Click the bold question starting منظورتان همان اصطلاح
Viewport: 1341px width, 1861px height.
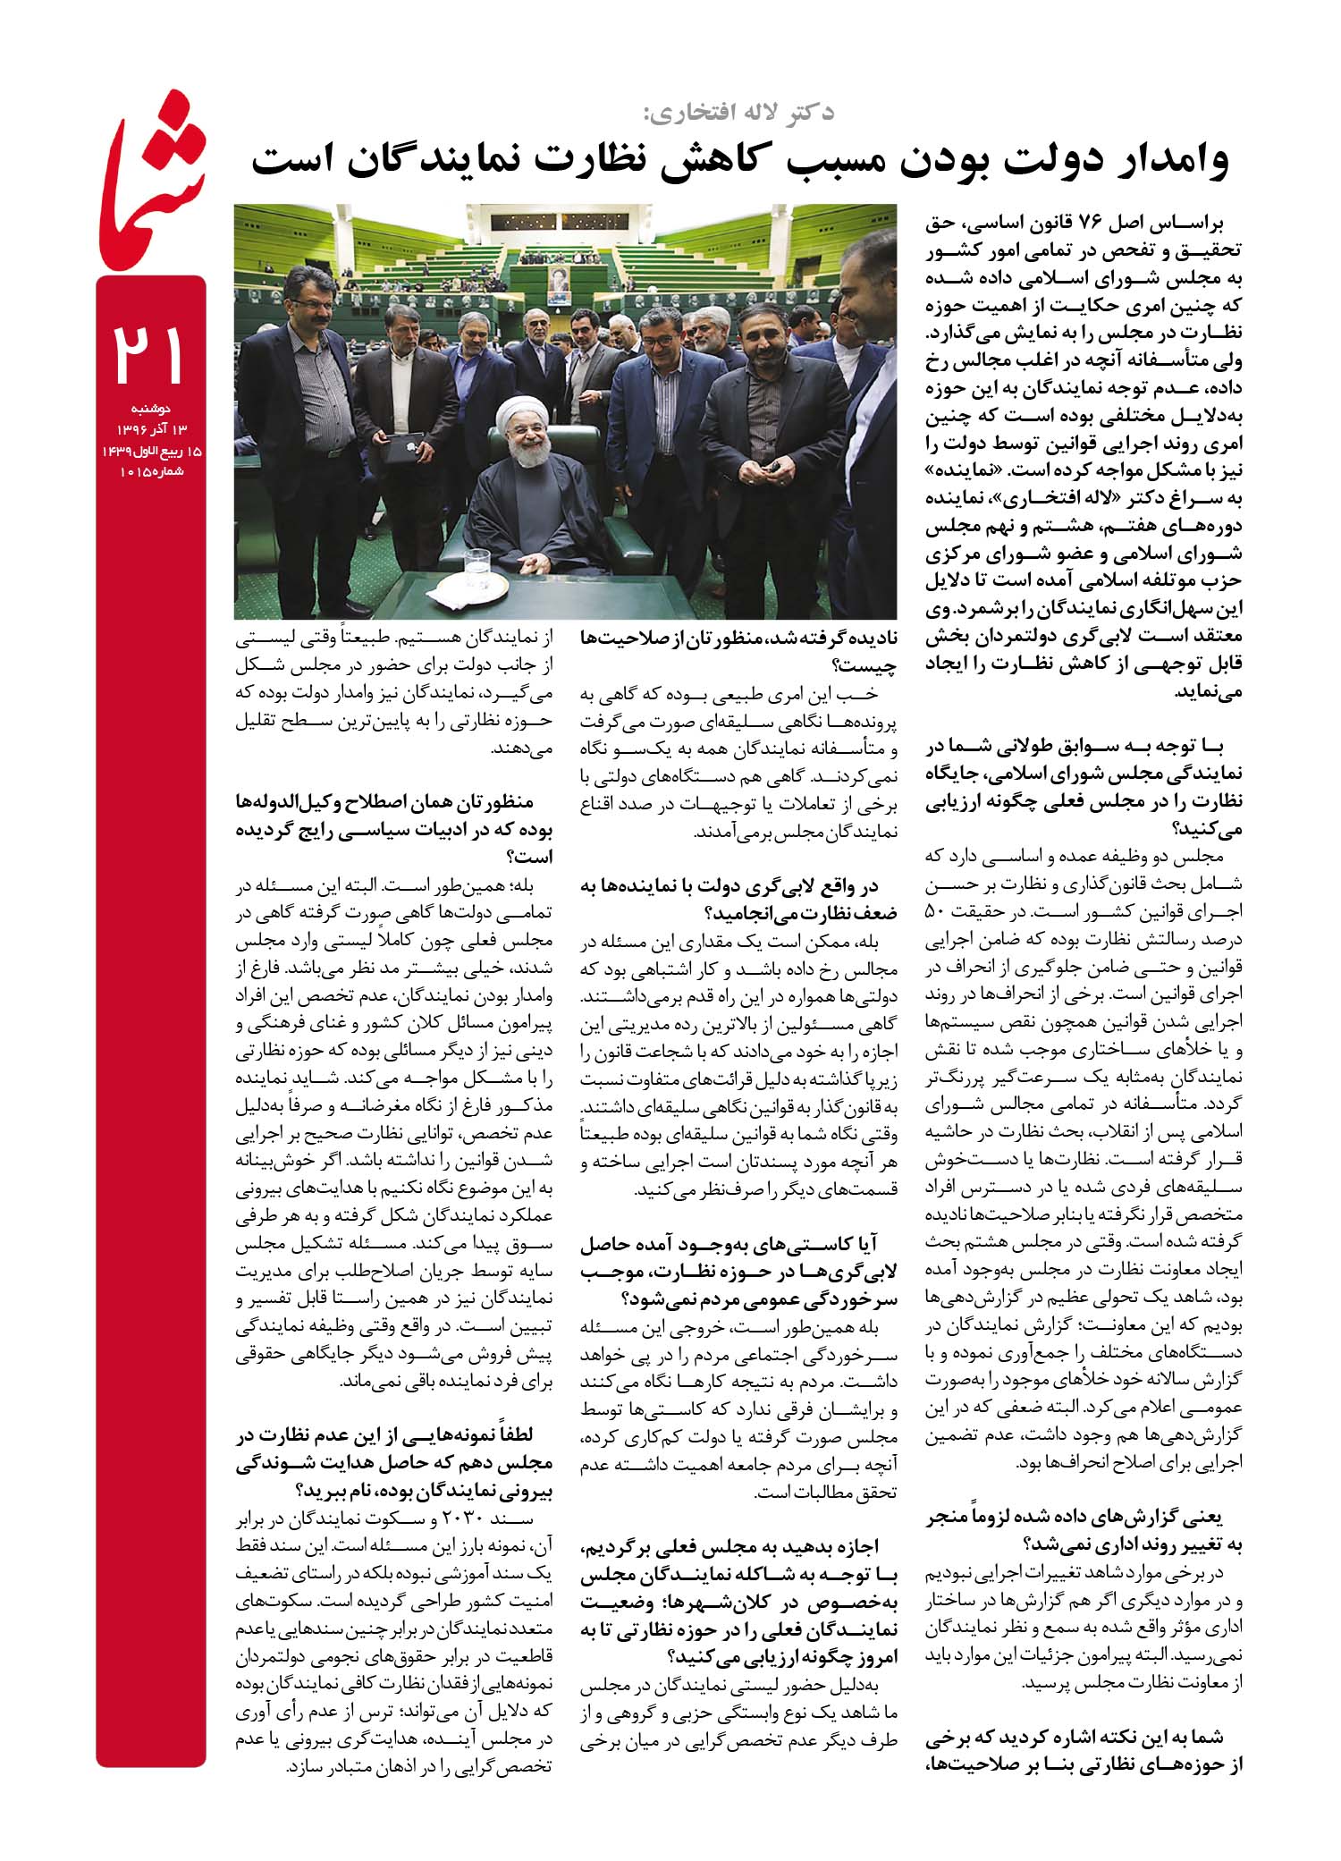[x=395, y=828]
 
